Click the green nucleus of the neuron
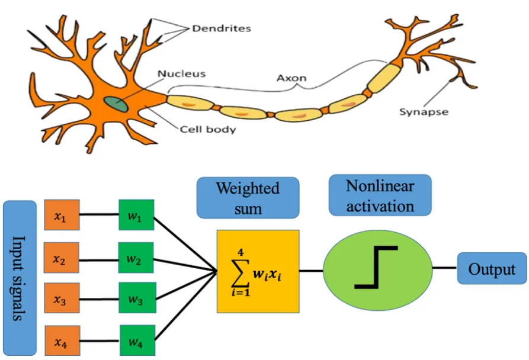(116, 104)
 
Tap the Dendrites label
(222, 28)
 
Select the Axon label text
(291, 78)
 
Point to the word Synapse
(424, 112)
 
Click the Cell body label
(208, 130)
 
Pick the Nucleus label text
(181, 74)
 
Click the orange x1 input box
(62, 215)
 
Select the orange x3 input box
(62, 298)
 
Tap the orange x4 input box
(62, 340)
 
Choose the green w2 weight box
(136, 258)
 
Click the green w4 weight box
(137, 340)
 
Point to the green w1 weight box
(136, 215)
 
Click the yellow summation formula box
(258, 271)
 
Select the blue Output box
(492, 268)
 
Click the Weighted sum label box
(248, 198)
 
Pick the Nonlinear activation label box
(380, 195)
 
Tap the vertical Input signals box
(20, 278)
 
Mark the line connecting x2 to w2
(99, 260)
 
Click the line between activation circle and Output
(445, 268)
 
